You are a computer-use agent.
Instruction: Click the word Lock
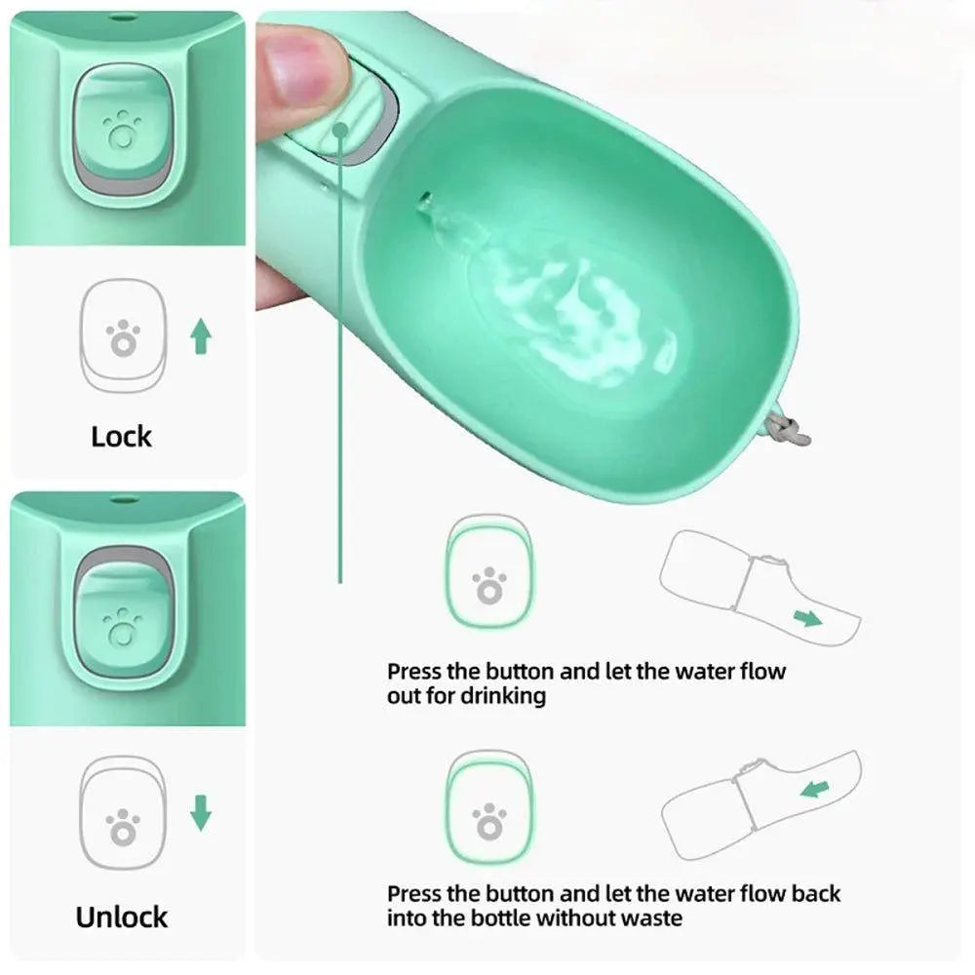coord(121,437)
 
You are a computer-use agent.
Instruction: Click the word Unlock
coord(121,917)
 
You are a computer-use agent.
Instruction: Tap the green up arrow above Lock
coord(200,335)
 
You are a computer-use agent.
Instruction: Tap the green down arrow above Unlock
coord(200,813)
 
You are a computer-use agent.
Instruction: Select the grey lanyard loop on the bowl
coord(789,430)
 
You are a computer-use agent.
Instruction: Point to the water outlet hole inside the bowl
coord(425,200)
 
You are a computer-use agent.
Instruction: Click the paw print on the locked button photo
coord(121,130)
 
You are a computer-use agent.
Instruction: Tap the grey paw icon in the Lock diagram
coord(123,339)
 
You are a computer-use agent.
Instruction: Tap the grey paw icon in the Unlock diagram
coord(123,827)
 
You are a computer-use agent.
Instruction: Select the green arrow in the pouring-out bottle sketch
coord(807,618)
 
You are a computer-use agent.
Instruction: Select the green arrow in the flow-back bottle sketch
coord(815,789)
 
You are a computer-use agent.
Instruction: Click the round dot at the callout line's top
coord(340,130)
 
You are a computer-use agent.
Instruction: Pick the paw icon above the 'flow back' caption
coord(489,821)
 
